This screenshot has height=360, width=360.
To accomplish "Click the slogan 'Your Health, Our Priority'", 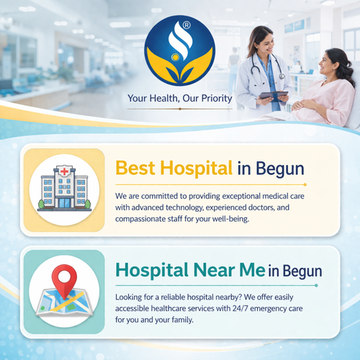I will coord(179,99).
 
